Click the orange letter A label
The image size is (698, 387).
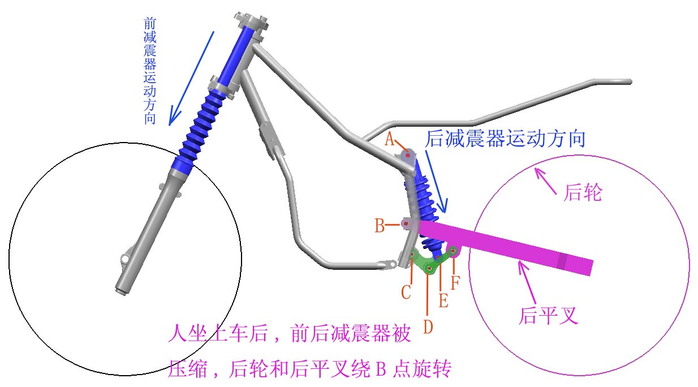point(389,139)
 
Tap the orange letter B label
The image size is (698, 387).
point(379,225)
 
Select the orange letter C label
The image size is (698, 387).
point(406,293)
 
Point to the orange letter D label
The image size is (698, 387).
point(428,326)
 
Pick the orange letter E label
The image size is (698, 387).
point(443,300)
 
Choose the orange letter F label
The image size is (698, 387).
point(455,283)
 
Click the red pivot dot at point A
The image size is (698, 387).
point(408,155)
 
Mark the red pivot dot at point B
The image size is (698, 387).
point(406,223)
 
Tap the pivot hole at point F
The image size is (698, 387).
point(453,251)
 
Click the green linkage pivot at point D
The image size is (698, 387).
point(429,268)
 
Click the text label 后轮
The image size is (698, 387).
point(583,192)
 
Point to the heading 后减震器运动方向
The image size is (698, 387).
point(505,139)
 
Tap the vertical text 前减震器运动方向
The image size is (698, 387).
point(150,71)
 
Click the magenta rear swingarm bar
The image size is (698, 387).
point(505,246)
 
